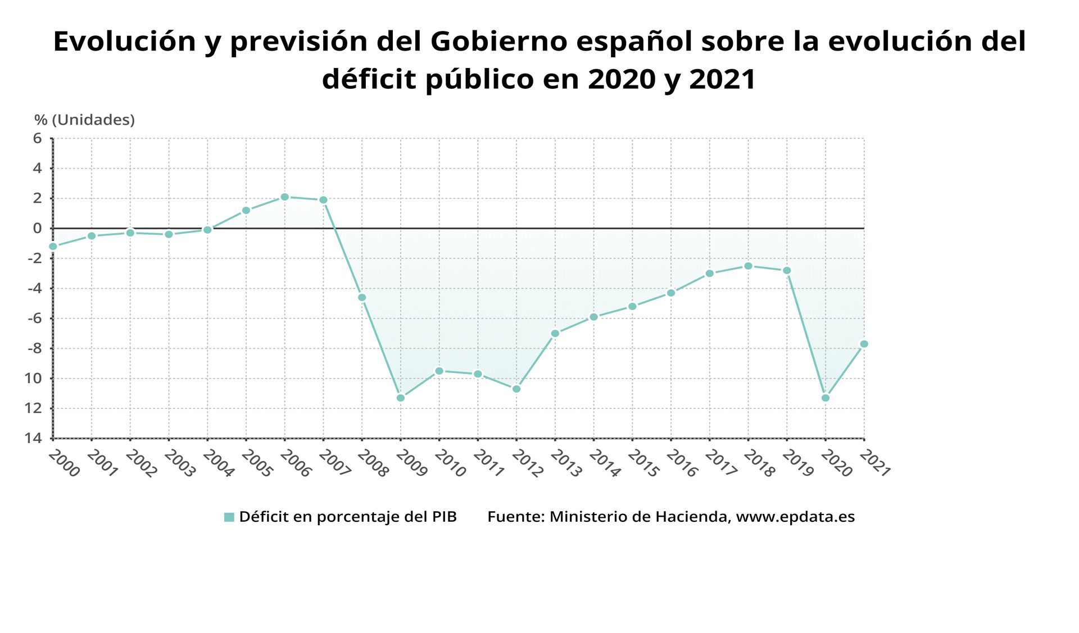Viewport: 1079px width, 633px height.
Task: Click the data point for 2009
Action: (x=401, y=398)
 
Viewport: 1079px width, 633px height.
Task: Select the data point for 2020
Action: (x=826, y=398)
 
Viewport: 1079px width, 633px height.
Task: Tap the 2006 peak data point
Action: (x=285, y=197)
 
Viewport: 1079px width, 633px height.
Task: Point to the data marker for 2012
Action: (x=516, y=389)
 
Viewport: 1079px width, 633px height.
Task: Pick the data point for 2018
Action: (x=748, y=266)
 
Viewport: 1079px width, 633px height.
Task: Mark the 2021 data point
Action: (x=864, y=344)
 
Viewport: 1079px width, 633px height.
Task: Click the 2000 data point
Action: (x=53, y=247)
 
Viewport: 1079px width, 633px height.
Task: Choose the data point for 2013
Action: (x=555, y=334)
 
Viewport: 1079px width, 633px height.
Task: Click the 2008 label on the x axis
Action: (x=372, y=464)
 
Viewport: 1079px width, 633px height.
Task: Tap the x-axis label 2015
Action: (x=642, y=464)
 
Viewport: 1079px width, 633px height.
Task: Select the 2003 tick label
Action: (x=179, y=464)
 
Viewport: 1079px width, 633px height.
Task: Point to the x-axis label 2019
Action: (x=797, y=464)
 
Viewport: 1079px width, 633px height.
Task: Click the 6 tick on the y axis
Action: (x=38, y=138)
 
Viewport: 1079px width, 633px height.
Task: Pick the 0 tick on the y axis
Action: (x=38, y=228)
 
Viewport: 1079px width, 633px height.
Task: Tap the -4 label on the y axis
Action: (x=35, y=288)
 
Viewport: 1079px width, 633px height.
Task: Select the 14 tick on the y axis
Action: (x=33, y=438)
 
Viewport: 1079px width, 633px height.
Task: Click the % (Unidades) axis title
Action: (x=84, y=120)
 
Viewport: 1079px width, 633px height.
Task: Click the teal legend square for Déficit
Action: (x=229, y=517)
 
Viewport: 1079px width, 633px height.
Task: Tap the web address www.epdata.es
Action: (x=795, y=517)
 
